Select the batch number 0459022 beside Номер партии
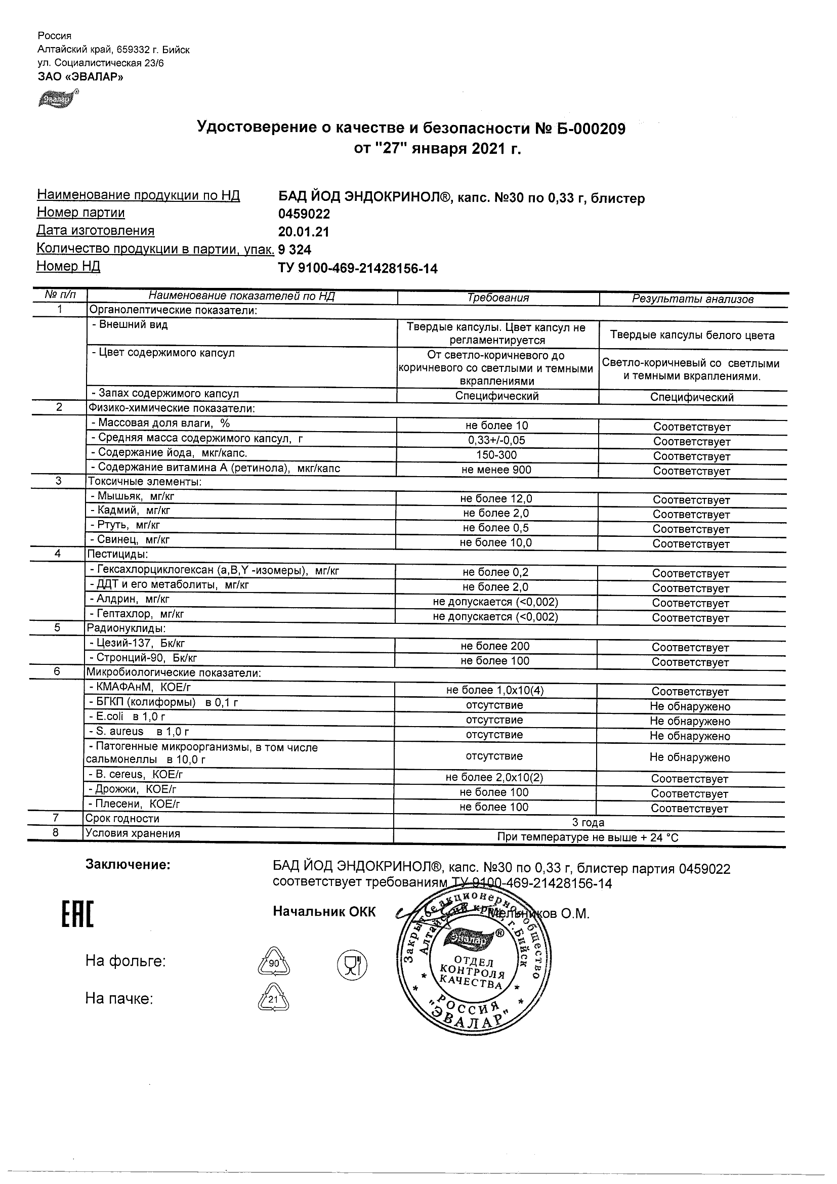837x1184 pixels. coord(304,214)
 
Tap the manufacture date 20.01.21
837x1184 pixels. coord(303,232)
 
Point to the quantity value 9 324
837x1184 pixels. coord(295,250)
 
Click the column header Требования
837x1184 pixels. coord(497,298)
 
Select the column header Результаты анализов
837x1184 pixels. coord(693,299)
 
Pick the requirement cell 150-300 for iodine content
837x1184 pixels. coord(497,455)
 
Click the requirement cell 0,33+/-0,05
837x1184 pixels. coord(497,440)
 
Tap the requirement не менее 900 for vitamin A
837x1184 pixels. coord(497,470)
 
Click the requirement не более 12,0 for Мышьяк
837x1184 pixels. coord(496,499)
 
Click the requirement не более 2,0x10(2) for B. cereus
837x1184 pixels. coord(494,778)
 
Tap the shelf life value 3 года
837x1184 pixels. coord(588,823)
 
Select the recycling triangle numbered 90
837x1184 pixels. coord(274,962)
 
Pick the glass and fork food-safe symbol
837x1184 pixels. coord(352,964)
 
